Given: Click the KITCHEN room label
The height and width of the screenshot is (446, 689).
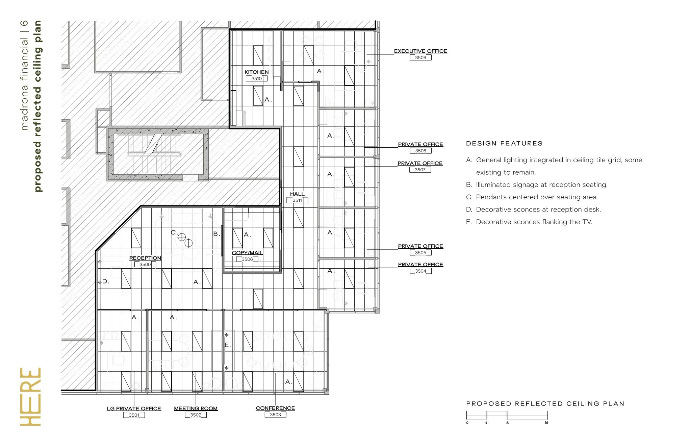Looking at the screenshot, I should click(x=257, y=72).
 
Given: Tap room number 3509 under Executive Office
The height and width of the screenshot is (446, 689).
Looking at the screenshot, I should click(x=420, y=58).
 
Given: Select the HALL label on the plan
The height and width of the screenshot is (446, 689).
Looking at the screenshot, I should click(x=297, y=194).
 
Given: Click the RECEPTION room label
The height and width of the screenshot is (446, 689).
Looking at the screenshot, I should click(x=145, y=258).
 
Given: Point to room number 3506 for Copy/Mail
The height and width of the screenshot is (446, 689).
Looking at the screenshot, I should click(x=247, y=259).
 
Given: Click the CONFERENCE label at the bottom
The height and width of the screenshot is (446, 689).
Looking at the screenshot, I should click(x=275, y=408).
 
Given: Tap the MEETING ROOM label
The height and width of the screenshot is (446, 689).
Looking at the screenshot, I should click(x=196, y=408).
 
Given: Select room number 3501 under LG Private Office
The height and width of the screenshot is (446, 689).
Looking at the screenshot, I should click(x=134, y=415).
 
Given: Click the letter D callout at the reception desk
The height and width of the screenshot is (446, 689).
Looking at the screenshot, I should click(x=105, y=281).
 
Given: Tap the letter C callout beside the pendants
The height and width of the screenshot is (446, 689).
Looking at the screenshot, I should click(x=173, y=232).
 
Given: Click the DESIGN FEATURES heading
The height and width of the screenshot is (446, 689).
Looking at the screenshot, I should click(x=504, y=144).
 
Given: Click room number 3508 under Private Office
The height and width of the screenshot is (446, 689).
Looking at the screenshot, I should click(x=420, y=151).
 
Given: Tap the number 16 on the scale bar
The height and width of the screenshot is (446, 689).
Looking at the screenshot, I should click(x=546, y=423).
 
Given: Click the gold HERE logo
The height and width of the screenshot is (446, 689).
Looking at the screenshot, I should click(x=30, y=397).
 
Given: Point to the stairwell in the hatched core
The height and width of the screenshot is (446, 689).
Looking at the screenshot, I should click(x=158, y=154).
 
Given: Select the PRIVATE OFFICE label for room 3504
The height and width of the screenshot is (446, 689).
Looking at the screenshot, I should click(x=420, y=265).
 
